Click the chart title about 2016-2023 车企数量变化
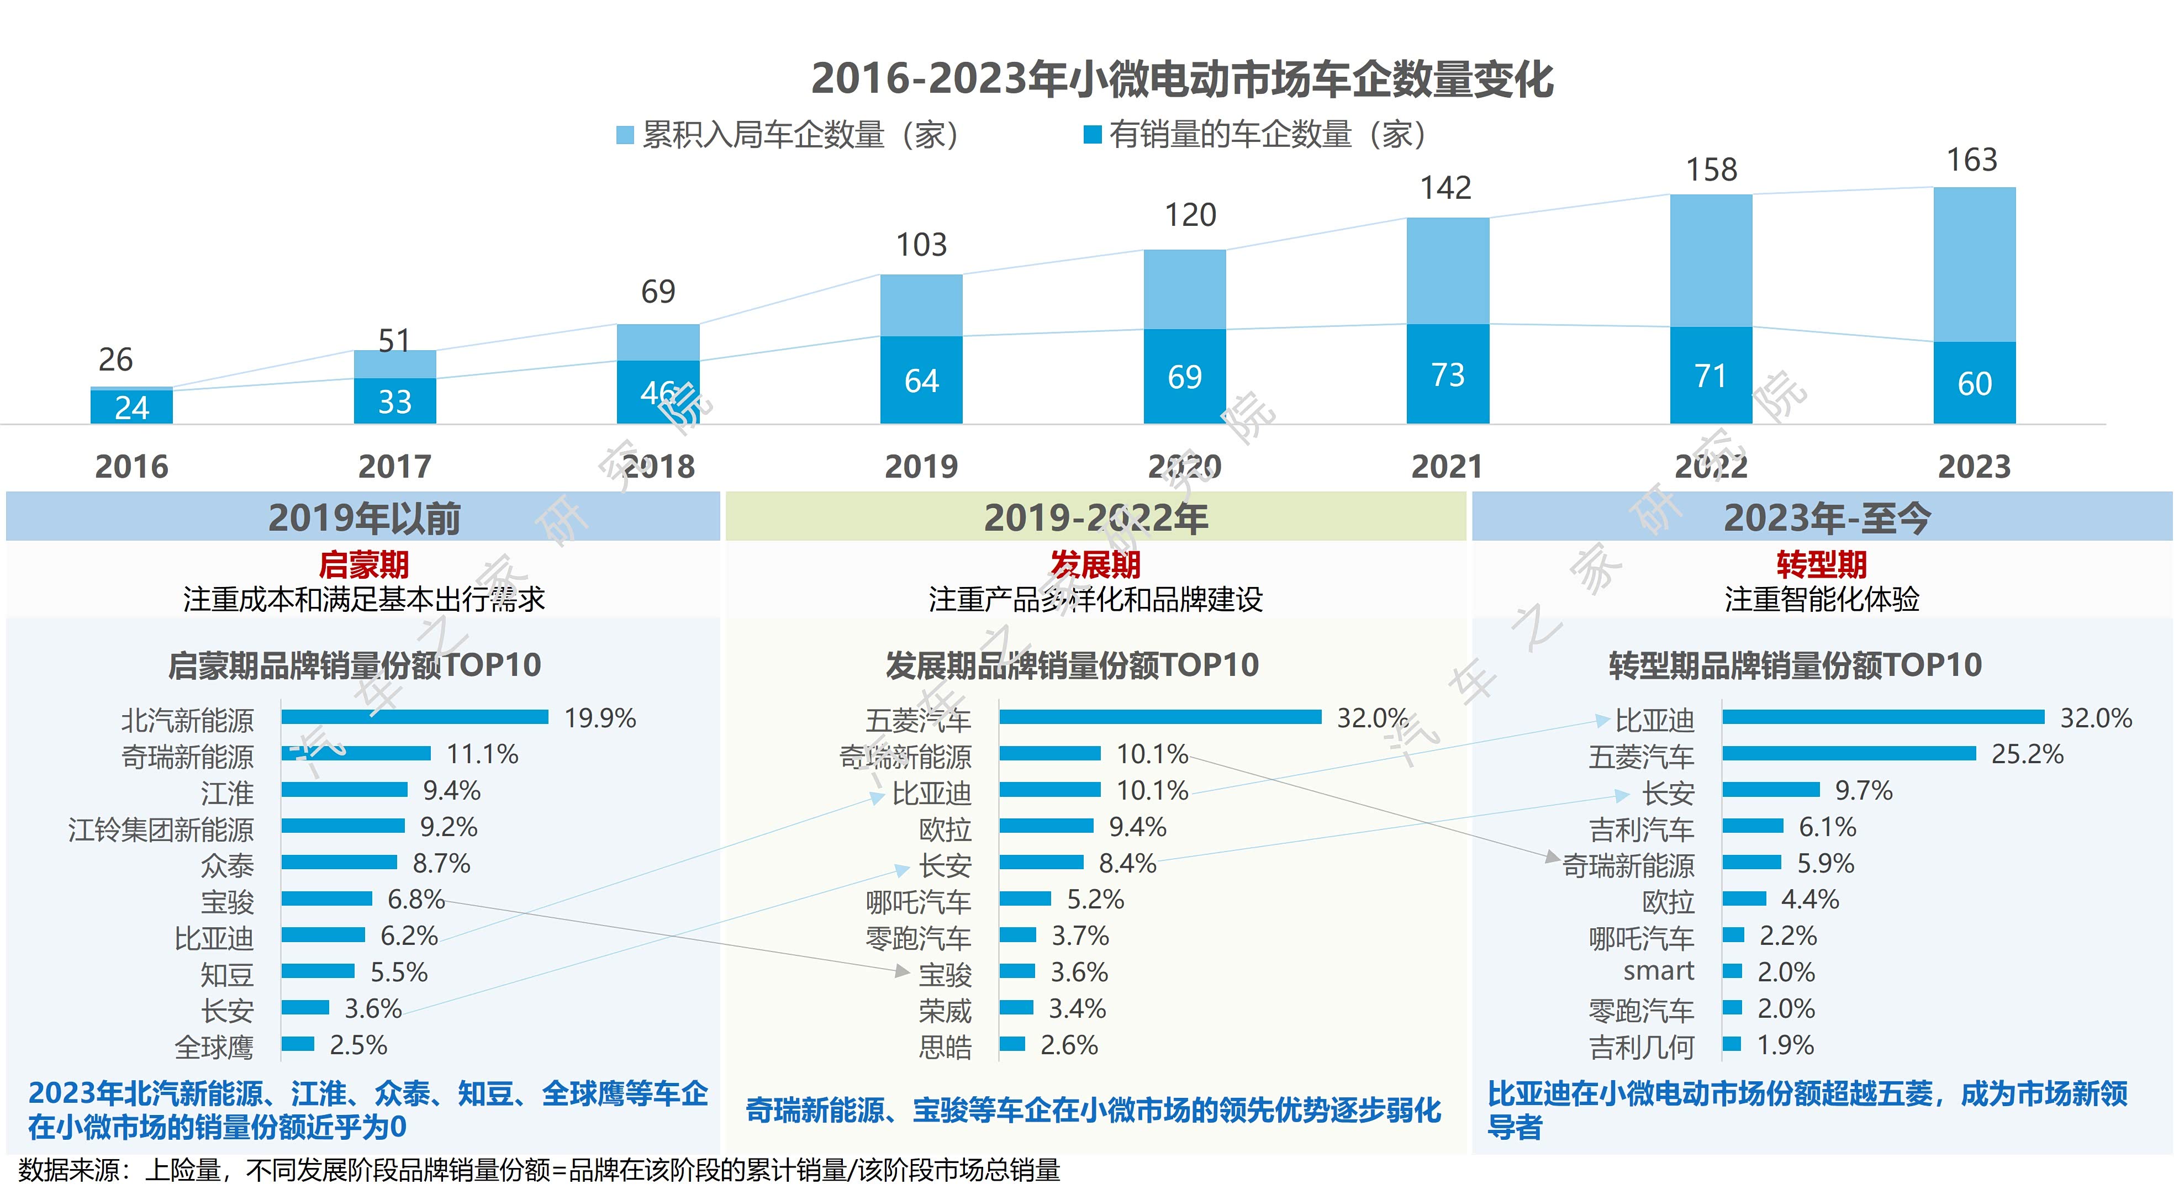1181,78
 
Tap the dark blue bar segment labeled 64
921,380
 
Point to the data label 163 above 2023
1972,160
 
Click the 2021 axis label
1447,467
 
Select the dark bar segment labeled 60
1974,383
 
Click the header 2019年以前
364,517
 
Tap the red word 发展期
1095,564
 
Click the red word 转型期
1821,564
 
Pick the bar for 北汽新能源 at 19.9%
414,717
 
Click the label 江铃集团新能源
161,829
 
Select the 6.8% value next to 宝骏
415,899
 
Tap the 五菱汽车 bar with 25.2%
1849,753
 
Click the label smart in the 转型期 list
1658,971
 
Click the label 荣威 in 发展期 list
945,1011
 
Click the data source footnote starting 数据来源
539,1170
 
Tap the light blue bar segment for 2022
1711,261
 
